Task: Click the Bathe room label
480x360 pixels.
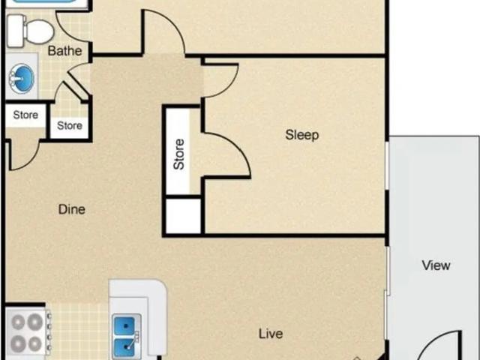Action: coord(65,51)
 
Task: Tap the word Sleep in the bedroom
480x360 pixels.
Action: coord(301,135)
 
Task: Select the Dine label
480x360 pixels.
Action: coord(72,209)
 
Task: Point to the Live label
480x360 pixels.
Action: coord(271,334)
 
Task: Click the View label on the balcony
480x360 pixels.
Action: coord(436,265)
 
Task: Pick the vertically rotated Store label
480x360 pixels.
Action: coord(178,154)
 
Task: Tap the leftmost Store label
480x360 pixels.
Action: coord(25,115)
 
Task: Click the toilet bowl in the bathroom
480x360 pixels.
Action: coord(40,31)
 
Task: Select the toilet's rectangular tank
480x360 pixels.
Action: coord(16,31)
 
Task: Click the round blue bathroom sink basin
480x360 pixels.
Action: coord(22,79)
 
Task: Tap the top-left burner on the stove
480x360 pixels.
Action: coord(18,322)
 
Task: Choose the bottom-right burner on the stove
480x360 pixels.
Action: coord(35,343)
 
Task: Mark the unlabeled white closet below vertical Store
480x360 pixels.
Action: coord(183,216)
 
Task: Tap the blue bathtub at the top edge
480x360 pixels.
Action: coord(45,1)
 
